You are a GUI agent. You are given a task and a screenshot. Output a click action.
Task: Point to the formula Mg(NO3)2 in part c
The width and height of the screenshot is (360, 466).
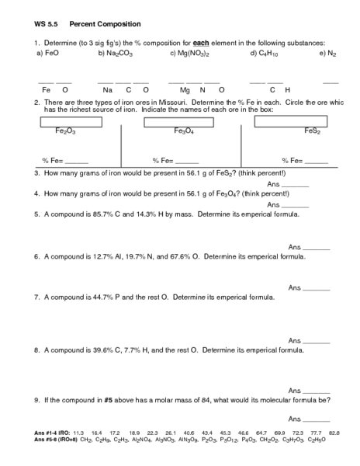[x=196, y=54]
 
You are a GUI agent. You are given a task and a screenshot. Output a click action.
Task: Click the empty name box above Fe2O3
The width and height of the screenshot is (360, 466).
[x=69, y=122]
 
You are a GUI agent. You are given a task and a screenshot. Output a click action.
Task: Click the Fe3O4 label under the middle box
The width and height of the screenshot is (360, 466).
[x=185, y=132]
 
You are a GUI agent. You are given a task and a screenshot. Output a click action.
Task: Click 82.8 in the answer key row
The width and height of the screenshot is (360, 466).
[x=334, y=432]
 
